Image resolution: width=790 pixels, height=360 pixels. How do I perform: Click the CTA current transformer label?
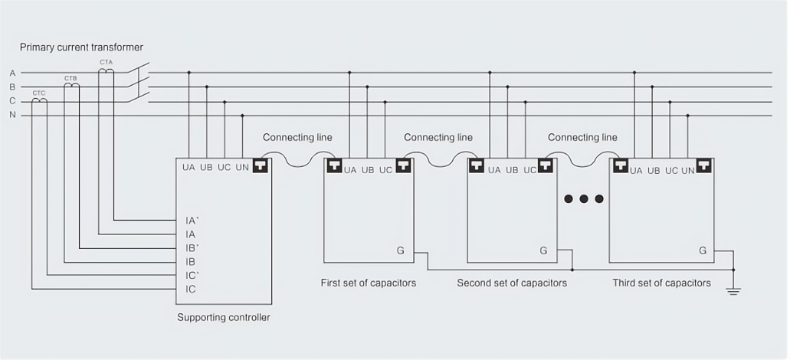106,61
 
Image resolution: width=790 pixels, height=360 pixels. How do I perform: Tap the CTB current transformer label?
70,78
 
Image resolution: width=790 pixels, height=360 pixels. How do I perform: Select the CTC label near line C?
39,92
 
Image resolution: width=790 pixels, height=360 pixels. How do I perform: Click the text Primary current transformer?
81,47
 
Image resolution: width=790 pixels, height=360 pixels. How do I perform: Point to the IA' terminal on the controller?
192,220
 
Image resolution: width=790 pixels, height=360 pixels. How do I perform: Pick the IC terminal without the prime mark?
191,289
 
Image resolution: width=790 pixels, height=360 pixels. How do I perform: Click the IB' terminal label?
192,247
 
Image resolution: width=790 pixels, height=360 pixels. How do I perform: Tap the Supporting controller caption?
223,317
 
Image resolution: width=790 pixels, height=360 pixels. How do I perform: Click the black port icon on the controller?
261,165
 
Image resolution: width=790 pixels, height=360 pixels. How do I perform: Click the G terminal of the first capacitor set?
400,250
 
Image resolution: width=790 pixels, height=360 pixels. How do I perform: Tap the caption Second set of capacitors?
512,283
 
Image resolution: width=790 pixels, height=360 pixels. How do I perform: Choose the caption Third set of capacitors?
661,283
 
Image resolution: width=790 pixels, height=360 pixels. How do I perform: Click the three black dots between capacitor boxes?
584,199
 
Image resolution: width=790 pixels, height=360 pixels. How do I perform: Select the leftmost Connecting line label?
297,138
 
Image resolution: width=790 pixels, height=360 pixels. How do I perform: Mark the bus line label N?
12,116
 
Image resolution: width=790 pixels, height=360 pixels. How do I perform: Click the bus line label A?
12,73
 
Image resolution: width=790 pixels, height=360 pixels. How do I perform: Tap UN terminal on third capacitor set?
688,171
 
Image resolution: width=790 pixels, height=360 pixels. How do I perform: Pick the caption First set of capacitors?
368,283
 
